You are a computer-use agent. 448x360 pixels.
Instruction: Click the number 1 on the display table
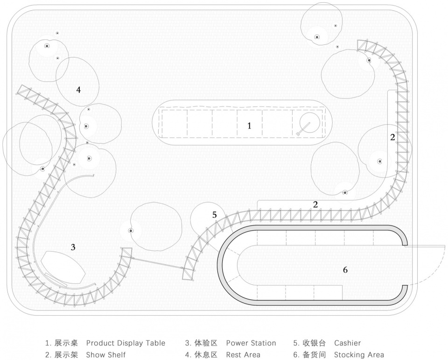pyautogui.click(x=249, y=126)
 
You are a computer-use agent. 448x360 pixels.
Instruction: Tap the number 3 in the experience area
pyautogui.click(x=73, y=247)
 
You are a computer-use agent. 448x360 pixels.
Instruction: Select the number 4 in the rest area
pyautogui.click(x=78, y=89)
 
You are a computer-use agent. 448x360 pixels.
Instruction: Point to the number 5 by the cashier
pyautogui.click(x=214, y=215)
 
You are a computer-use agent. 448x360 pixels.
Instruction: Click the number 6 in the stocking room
pyautogui.click(x=345, y=270)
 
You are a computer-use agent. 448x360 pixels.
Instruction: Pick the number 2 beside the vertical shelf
pyautogui.click(x=392, y=137)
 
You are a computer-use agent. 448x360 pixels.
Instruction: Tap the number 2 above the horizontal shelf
pyautogui.click(x=315, y=204)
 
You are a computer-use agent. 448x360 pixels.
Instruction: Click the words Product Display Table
pyautogui.click(x=126, y=343)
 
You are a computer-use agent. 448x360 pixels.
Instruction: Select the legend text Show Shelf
pyautogui.click(x=105, y=355)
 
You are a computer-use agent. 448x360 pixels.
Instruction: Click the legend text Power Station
pyautogui.click(x=251, y=343)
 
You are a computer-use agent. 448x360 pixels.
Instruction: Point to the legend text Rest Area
pyautogui.click(x=243, y=355)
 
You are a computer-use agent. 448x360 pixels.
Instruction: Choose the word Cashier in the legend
pyautogui.click(x=347, y=343)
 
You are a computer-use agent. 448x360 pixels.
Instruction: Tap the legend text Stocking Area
pyautogui.click(x=359, y=355)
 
